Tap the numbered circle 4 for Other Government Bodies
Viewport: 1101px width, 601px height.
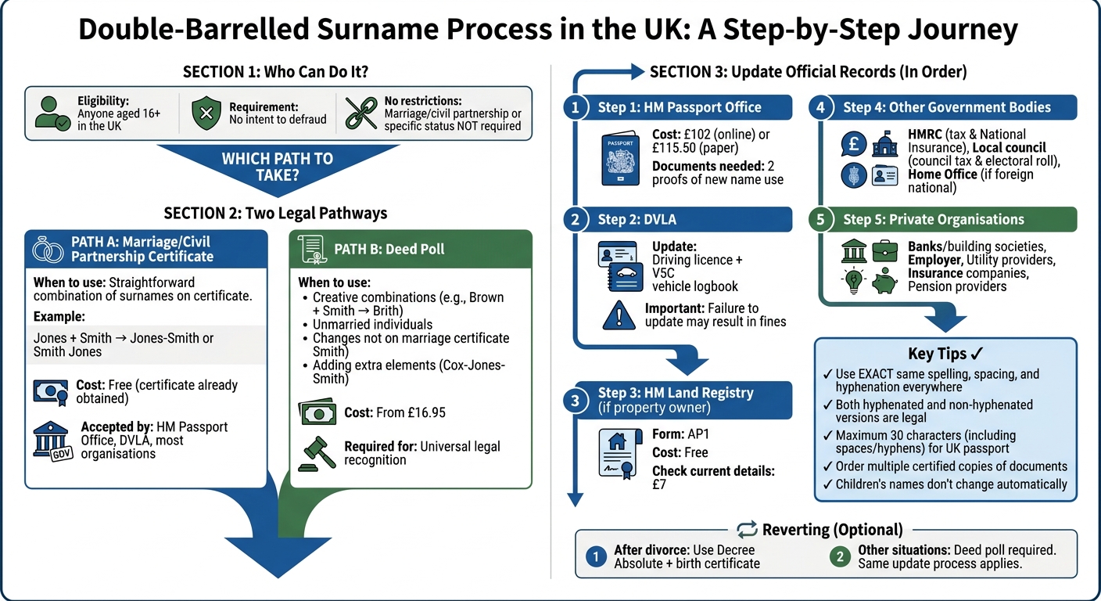[820, 107]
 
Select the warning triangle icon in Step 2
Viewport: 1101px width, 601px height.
[619, 315]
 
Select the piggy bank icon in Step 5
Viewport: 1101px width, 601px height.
[884, 280]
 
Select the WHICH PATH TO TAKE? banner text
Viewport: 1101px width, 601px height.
[277, 166]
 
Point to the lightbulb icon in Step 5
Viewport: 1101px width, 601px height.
[853, 281]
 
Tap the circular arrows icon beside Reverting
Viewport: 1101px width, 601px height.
[747, 530]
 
